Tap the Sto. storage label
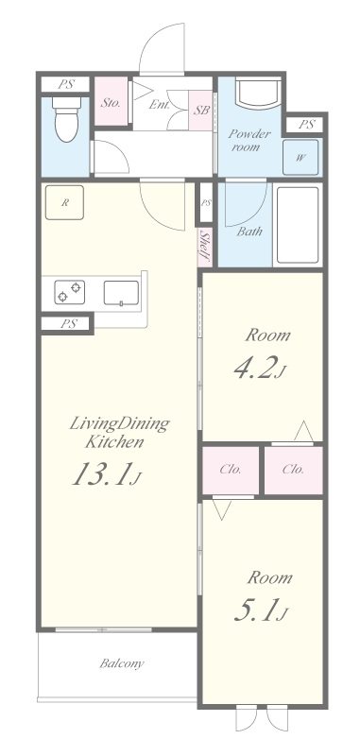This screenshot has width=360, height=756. coord(111,103)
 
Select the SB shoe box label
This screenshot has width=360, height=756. coord(201,110)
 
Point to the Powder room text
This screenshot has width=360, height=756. coord(249,140)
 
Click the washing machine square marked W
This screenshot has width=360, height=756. coord(300,157)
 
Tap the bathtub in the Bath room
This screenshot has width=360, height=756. coord(299,224)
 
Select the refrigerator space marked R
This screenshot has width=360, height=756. coord(64,202)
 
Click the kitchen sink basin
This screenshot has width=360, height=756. coord(121,293)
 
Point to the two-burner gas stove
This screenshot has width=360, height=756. coord(70,292)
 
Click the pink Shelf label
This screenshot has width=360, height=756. coord(205,247)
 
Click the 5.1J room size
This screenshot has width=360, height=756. coord(261,610)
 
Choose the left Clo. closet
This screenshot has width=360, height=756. coord(231,470)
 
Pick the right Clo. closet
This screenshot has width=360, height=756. coord(293,470)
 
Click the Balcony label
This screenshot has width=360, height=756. coord(122,663)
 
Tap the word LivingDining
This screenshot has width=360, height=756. coord(120,424)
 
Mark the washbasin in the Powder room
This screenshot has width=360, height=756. coord(258,94)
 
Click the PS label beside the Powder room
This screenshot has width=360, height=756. coord(306,125)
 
